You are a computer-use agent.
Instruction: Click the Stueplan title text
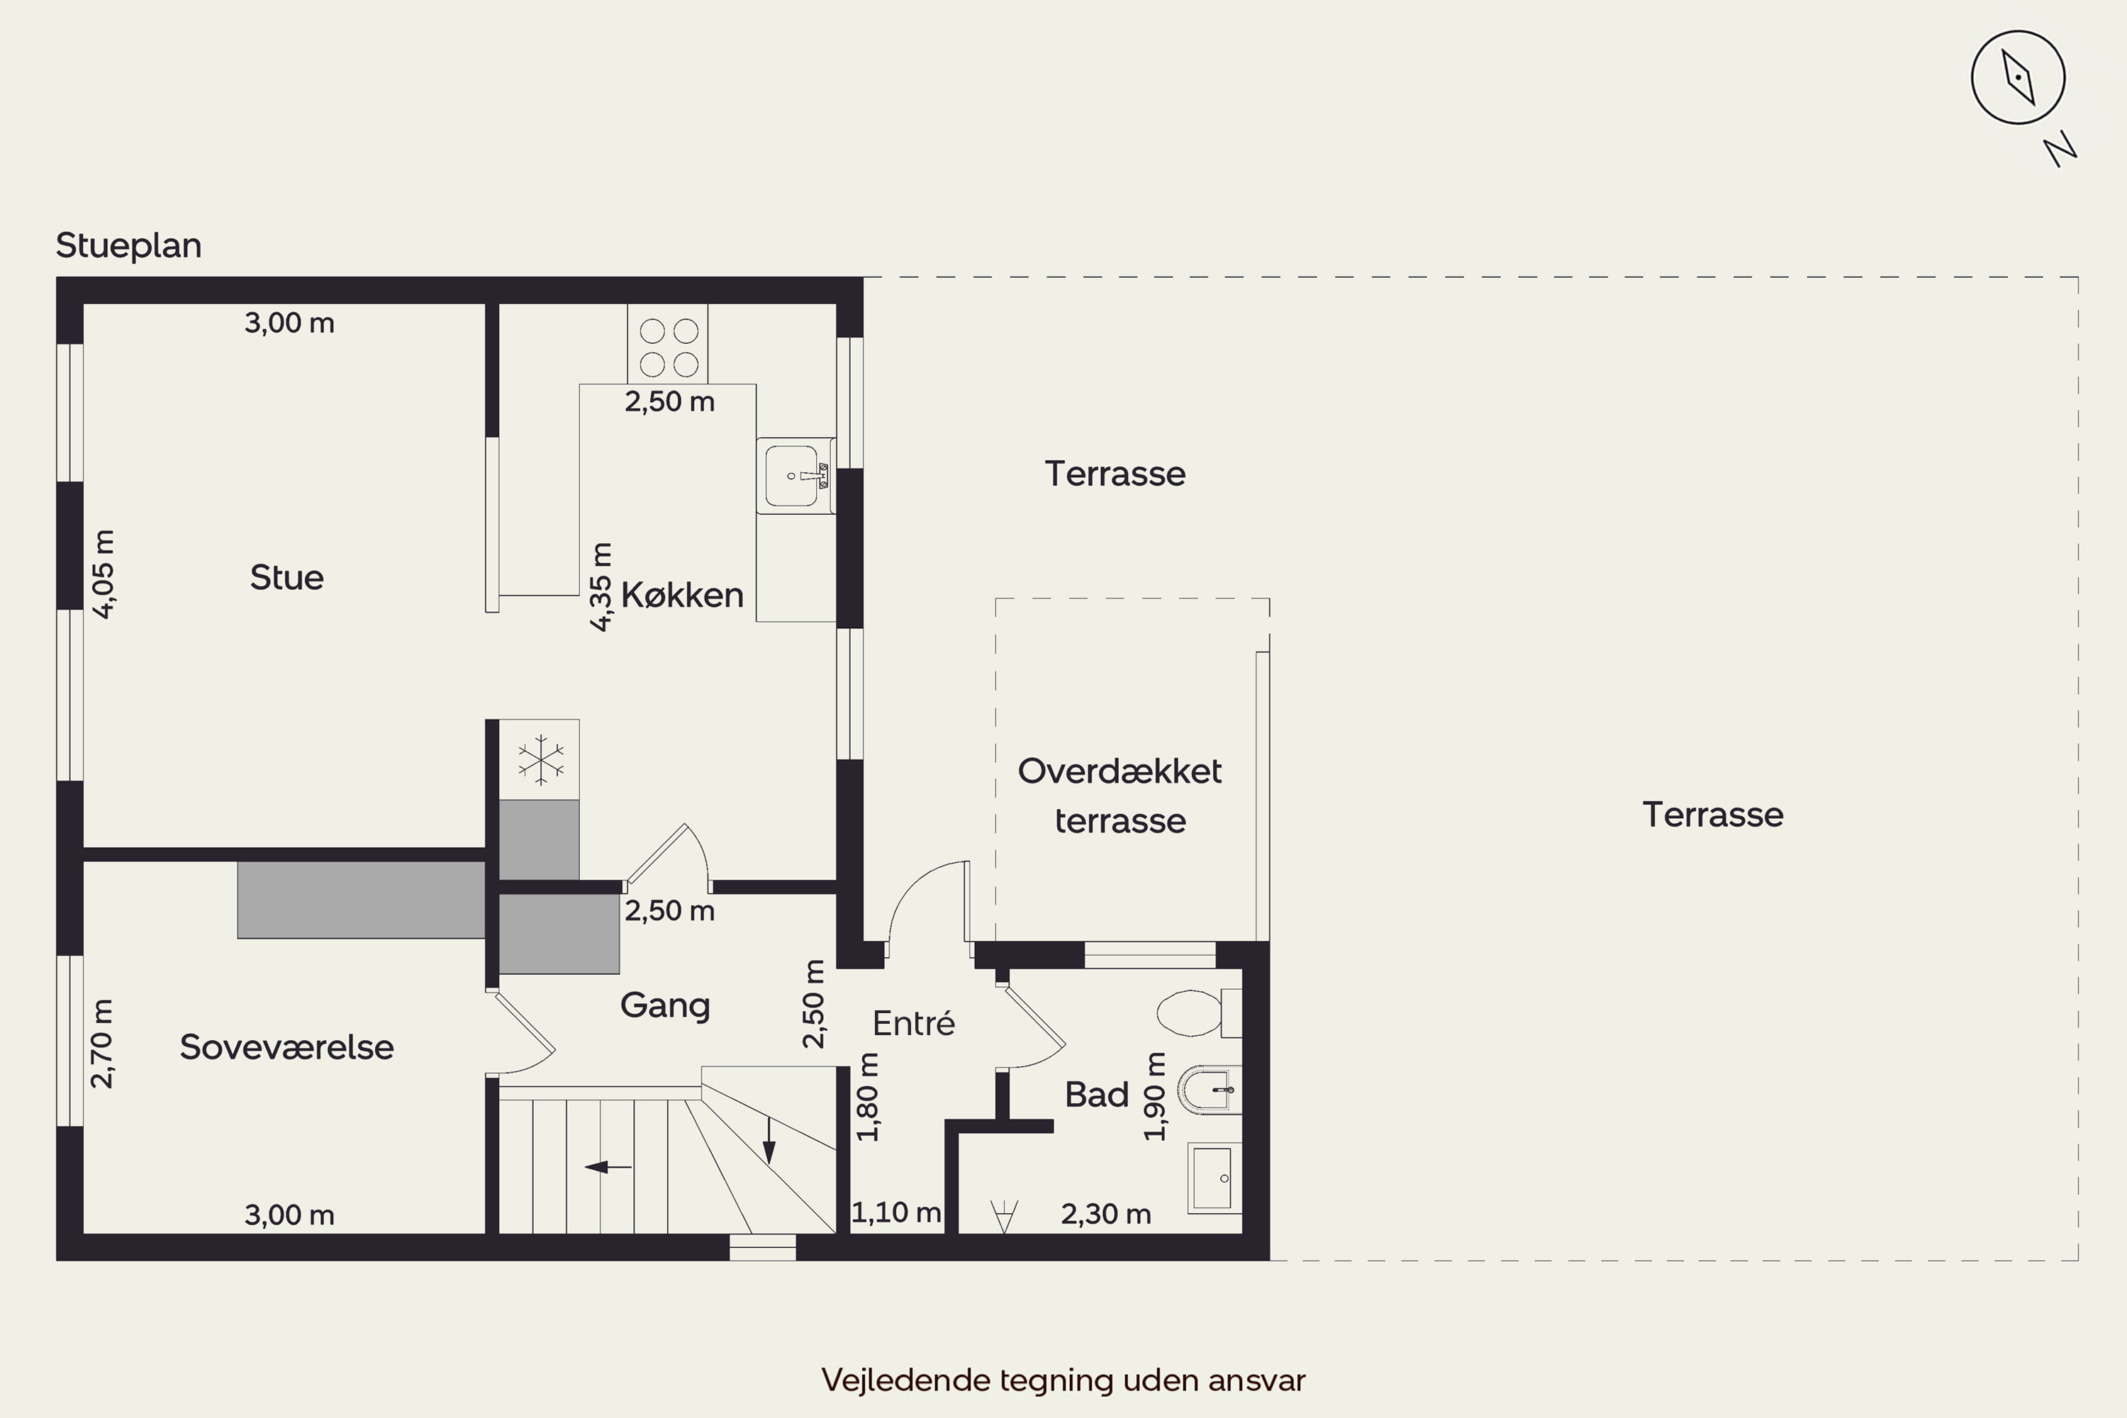[128, 246]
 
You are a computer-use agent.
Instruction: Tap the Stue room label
[286, 577]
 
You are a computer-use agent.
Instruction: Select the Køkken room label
[683, 595]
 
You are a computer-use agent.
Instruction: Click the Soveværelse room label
[286, 1046]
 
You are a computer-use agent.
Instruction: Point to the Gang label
[665, 1005]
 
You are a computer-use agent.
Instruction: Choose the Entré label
[913, 1023]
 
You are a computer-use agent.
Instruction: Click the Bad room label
[1097, 1094]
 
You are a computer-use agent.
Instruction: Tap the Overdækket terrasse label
[1120, 795]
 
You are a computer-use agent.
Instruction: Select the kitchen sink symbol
[795, 476]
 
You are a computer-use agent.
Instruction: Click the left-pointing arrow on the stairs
[608, 1166]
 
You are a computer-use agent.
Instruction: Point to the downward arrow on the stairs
[769, 1140]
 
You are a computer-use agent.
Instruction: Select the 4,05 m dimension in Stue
[104, 574]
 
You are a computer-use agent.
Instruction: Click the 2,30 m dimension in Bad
[1106, 1214]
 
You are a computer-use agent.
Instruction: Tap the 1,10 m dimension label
[896, 1212]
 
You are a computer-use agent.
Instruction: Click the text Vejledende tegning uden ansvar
[1063, 1380]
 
